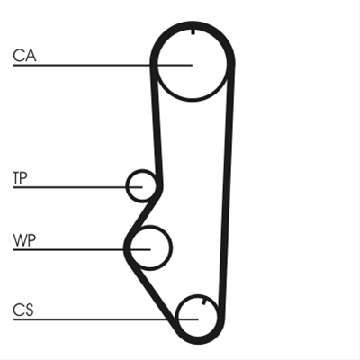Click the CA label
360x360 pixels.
point(24,56)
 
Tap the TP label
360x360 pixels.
point(20,178)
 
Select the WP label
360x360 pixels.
point(24,240)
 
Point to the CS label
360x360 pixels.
point(23,310)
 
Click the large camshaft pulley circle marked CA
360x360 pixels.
point(192,99)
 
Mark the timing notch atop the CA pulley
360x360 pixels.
point(193,31)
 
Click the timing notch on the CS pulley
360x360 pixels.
point(204,301)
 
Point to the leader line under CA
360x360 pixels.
point(103,65)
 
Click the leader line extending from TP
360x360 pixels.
point(77,187)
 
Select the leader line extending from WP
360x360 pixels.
point(82,249)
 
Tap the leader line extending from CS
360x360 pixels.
point(105,319)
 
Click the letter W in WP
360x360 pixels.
point(20,240)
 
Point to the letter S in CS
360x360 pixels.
point(29,310)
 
